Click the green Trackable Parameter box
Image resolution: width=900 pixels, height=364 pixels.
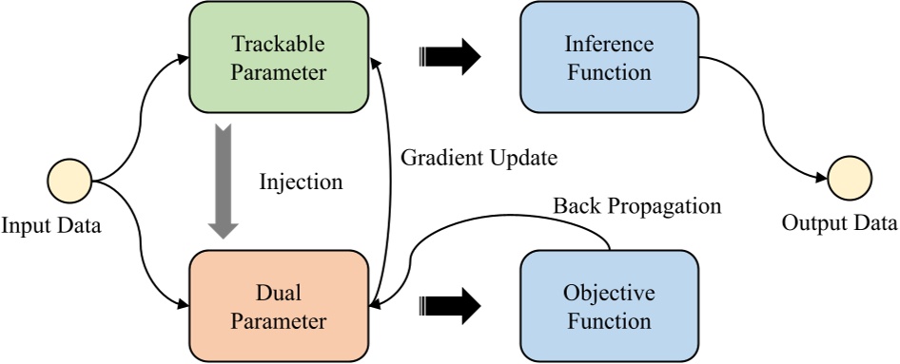click(279, 58)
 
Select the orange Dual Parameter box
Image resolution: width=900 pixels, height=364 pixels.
click(279, 307)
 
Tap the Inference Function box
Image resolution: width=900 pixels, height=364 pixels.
click(609, 58)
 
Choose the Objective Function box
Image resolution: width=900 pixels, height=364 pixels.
click(609, 307)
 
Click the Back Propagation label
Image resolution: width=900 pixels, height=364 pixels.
click(637, 205)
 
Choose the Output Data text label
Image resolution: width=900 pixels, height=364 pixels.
click(838, 224)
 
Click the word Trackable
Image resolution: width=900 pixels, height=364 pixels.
click(279, 45)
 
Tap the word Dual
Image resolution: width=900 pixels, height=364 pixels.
click(279, 294)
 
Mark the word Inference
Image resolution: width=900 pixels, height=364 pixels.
click(609, 45)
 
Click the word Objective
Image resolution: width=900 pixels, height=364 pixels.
click(609, 294)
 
